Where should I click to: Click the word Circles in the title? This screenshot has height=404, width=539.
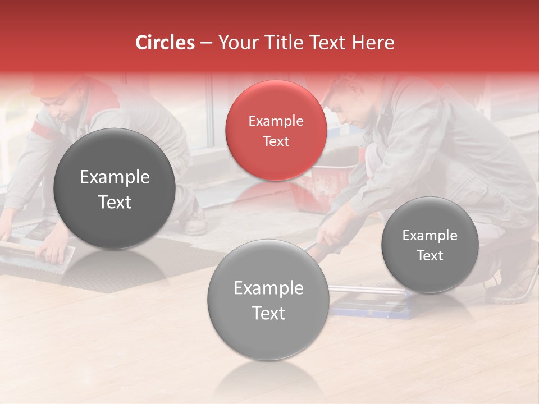tap(165, 43)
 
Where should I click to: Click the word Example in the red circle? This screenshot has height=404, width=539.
tap(276, 121)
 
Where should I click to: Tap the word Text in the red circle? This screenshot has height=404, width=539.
tap(276, 141)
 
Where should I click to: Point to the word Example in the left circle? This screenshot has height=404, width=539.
tap(115, 177)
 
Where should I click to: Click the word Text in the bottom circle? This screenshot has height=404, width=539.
tap(268, 313)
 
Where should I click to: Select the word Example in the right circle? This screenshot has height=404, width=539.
tap(430, 236)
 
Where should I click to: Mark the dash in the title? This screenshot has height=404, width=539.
tap(206, 43)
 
